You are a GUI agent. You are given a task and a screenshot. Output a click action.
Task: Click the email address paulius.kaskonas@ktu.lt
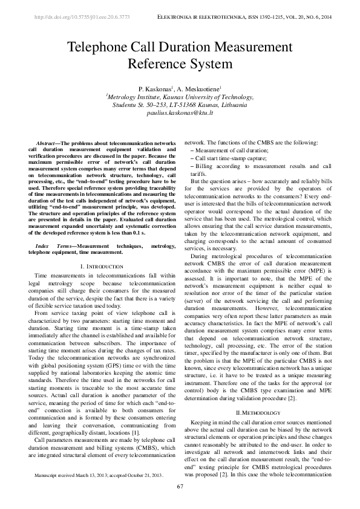180,112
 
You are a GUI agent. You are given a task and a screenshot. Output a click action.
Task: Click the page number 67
180,487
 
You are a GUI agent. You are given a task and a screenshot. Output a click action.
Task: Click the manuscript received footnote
99,475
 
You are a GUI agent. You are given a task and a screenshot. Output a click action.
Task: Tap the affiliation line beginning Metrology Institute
180,97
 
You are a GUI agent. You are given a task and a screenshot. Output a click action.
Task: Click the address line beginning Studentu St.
180,105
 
